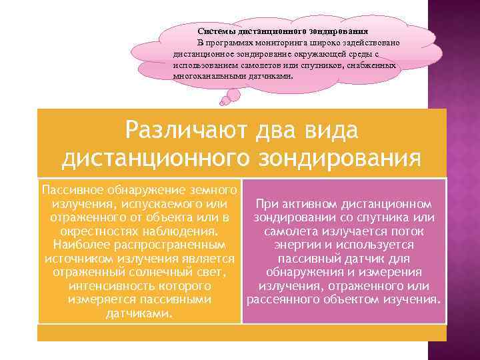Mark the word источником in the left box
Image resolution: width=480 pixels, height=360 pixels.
pos(74,258)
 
